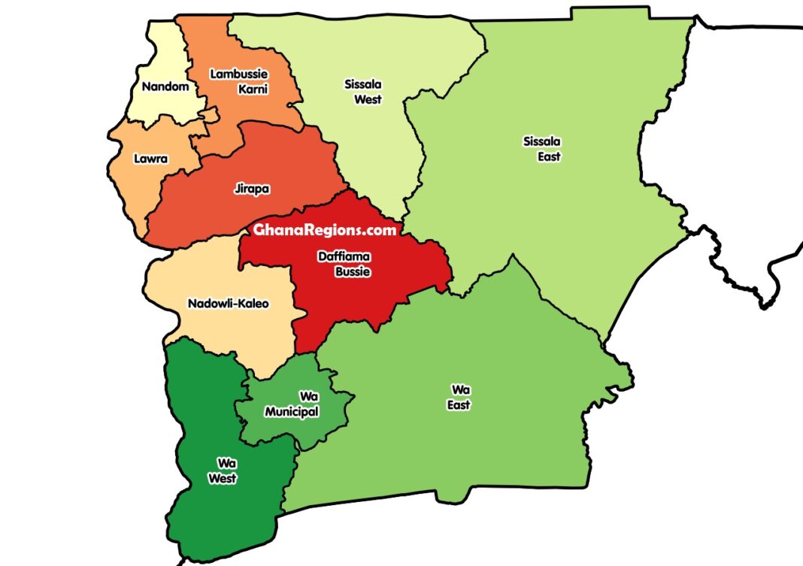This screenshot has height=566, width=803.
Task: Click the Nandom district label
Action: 165,87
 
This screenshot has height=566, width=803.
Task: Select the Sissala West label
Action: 363,92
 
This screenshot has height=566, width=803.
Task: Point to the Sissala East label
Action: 543,149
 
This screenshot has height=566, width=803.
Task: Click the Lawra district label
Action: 150,159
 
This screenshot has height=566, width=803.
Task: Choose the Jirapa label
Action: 252,189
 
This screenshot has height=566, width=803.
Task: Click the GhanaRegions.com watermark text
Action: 324,230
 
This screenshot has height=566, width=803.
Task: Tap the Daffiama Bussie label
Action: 344,264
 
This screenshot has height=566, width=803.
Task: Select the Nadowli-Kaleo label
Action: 227,304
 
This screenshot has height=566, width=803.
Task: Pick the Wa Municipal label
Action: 292,404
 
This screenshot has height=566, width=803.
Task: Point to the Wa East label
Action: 460,397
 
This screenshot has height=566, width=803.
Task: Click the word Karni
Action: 253,89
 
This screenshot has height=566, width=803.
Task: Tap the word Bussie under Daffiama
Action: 353,271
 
